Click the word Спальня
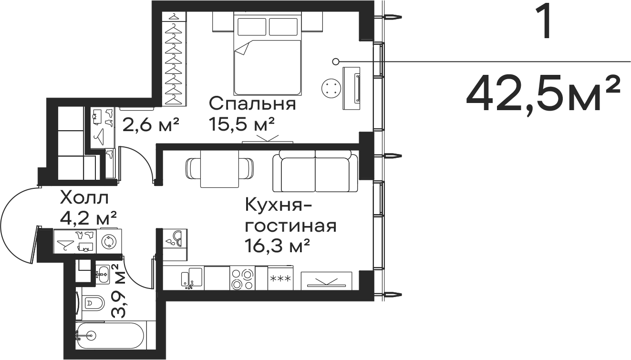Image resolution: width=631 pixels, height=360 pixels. coord(252,104)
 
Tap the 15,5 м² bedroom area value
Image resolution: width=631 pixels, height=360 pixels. coord(241,124)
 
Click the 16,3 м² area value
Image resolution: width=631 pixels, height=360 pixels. coord(278,246)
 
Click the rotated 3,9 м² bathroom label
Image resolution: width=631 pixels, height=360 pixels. coord(118,291)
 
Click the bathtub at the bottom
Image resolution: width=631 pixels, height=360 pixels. coord(111,336)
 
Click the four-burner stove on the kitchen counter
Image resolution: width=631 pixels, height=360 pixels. coord(242,278)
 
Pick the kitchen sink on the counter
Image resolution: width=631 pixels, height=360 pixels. coord(192,277)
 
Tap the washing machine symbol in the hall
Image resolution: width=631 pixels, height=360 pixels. coord(109,242)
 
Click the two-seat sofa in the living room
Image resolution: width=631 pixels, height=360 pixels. coord(315,171)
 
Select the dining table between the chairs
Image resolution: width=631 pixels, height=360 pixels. coord(219,169)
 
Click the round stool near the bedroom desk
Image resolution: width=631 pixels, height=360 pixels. coord(331,89)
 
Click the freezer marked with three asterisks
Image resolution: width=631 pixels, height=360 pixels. coord(280,278)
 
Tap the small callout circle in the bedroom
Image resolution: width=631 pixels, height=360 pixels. coord(335,61)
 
